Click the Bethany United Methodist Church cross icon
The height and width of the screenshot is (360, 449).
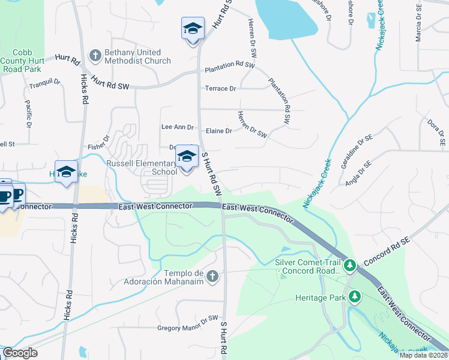(x=95, y=56)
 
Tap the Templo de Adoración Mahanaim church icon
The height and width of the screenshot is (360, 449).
(x=212, y=276)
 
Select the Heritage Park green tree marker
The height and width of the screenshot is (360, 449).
(x=355, y=296)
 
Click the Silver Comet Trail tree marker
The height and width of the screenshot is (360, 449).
(x=350, y=265)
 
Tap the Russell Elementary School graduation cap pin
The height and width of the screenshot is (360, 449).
(x=187, y=158)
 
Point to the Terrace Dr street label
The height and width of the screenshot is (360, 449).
(x=220, y=89)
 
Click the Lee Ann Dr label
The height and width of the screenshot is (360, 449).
(x=178, y=127)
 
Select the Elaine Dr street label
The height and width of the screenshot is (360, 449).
(x=218, y=131)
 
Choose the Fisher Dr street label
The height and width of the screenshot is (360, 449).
(x=98, y=143)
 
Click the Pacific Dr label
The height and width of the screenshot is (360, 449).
(x=28, y=113)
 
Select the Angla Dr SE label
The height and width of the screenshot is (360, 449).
(x=358, y=174)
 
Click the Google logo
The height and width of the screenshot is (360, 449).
(x=20, y=353)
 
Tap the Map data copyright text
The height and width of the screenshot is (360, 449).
(x=423, y=355)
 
